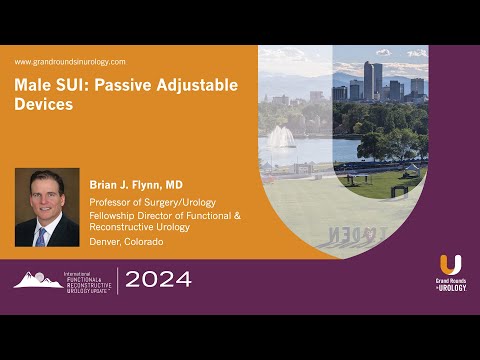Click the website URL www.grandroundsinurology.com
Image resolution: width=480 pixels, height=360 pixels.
(x=70, y=62)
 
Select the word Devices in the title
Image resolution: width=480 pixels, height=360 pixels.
(x=44, y=104)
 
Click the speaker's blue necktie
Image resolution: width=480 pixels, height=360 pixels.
(x=41, y=236)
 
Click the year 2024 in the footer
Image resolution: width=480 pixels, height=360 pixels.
(x=158, y=280)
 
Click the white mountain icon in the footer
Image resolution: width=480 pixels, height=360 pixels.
(x=34, y=280)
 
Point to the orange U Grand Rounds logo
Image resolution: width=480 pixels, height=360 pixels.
(x=451, y=266)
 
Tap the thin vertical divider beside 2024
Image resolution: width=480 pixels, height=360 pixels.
(x=117, y=280)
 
